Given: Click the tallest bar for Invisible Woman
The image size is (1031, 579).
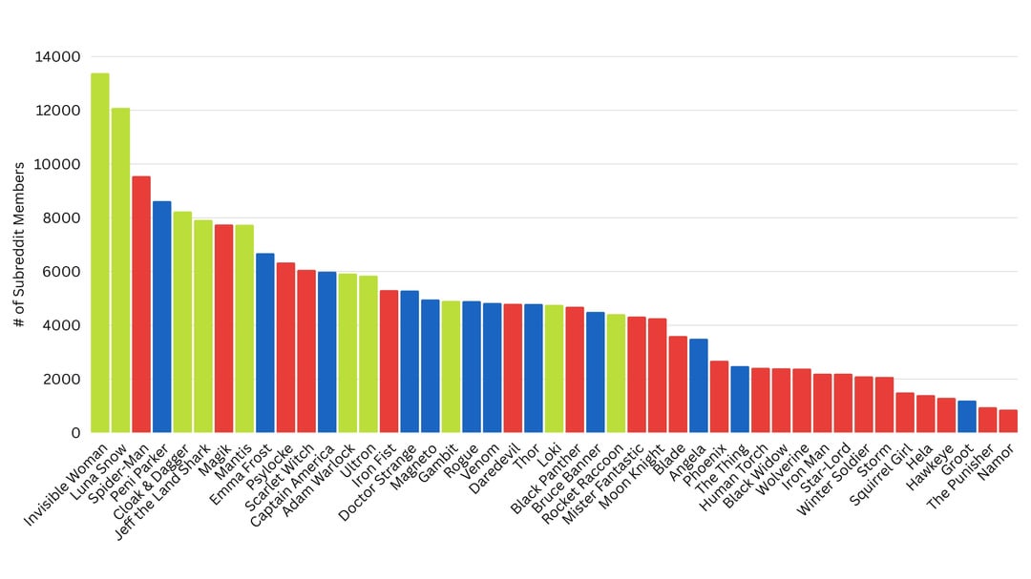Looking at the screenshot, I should tap(99, 253).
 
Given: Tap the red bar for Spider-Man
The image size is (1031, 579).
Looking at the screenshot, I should tap(141, 304).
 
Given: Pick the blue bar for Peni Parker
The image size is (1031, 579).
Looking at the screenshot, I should tap(161, 317).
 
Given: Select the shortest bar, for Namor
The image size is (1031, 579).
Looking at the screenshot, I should tap(1008, 421).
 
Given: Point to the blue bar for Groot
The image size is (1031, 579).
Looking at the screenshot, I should tap(967, 416).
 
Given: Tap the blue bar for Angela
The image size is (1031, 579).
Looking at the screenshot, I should tap(699, 385).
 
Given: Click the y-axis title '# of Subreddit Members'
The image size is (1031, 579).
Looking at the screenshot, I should tap(20, 245).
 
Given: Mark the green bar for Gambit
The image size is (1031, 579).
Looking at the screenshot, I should tap(451, 367).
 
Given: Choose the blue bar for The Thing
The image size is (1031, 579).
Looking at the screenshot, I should tap(740, 400).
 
